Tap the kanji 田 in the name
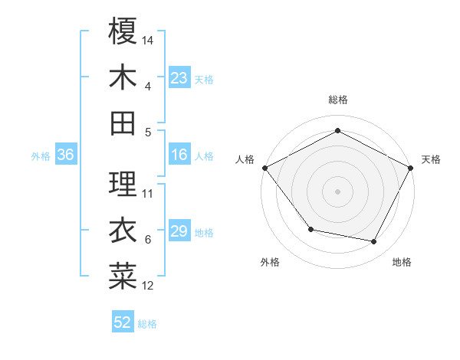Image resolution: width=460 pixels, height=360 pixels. pos(123,123)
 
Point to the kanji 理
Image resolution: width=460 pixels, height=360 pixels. pos(123,184)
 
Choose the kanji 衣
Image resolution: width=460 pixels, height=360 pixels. pos(123,230)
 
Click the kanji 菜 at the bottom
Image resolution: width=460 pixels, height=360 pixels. pos(123,277)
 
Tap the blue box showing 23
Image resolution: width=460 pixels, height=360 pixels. pos(179,78)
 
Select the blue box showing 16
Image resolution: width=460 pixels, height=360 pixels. pos(179,155)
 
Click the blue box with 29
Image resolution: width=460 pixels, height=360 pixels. pos(179,232)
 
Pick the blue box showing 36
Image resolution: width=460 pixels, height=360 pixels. pos(66,155)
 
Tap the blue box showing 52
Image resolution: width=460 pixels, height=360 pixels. pos(123,323)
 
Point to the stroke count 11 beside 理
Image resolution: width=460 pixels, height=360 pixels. pos(148,193)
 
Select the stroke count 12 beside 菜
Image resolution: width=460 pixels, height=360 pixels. pos(148,286)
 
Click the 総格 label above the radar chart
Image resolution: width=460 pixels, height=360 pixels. pos(337,100)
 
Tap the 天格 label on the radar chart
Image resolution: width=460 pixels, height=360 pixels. pos(431,159)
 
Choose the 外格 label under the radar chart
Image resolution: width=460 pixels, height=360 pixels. pos(270,262)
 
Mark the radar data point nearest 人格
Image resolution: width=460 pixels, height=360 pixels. pos(264,168)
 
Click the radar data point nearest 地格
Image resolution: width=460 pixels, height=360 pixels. pos(374,242)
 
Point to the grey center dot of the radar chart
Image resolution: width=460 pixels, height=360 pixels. pos(337,191)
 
